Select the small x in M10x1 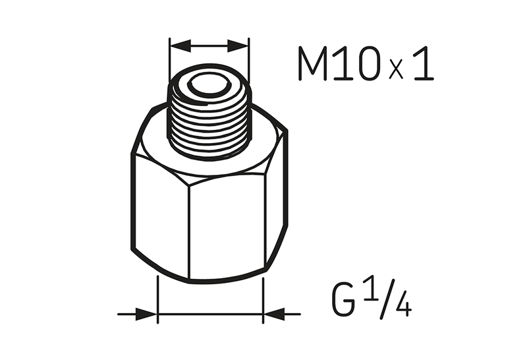[397, 70]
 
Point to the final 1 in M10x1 [422, 64]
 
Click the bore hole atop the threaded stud [209, 84]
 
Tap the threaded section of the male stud [209, 125]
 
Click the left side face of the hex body [160, 211]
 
